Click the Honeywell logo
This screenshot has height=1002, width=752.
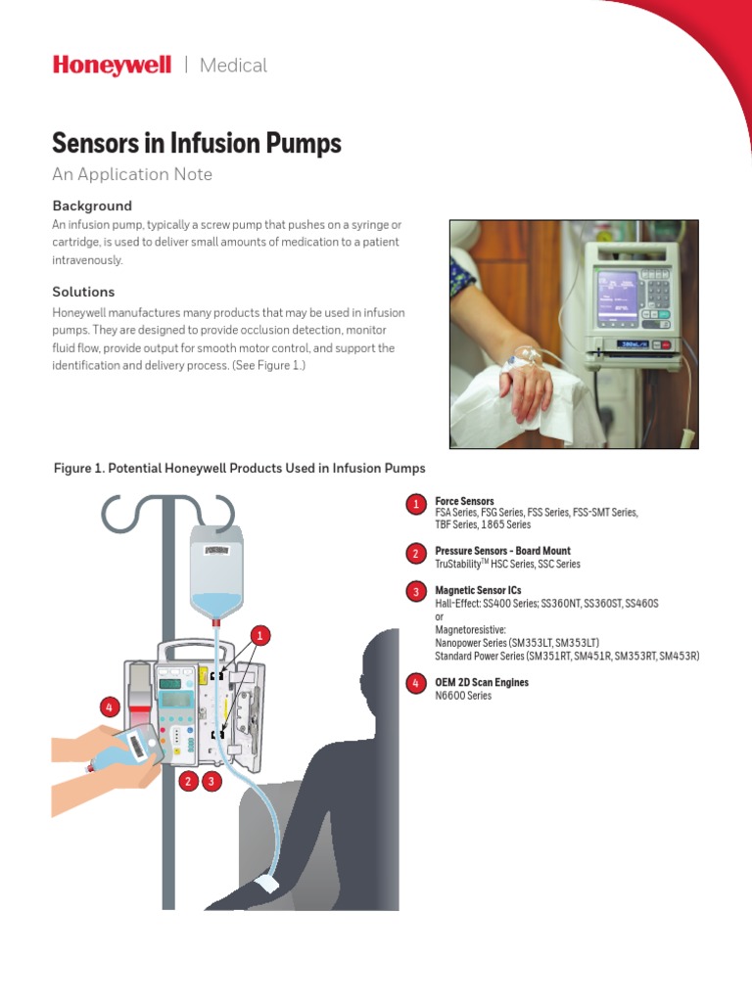(111, 66)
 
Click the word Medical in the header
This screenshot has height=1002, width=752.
(233, 66)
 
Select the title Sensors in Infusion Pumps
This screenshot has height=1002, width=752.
(196, 144)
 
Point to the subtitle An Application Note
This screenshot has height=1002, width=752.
(131, 174)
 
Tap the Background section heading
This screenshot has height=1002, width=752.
(91, 206)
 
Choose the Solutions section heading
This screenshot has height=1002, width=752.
(83, 292)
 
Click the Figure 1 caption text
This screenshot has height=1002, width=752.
(239, 469)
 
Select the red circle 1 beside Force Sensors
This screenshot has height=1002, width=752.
(415, 505)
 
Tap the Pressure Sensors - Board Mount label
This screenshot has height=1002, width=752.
(502, 551)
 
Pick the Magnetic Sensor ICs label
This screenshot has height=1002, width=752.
(478, 591)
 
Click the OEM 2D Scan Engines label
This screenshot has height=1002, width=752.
(482, 682)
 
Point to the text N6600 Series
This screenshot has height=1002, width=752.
(463, 696)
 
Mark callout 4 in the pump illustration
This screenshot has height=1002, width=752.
(109, 706)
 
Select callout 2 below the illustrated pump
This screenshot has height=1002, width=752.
(188, 781)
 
